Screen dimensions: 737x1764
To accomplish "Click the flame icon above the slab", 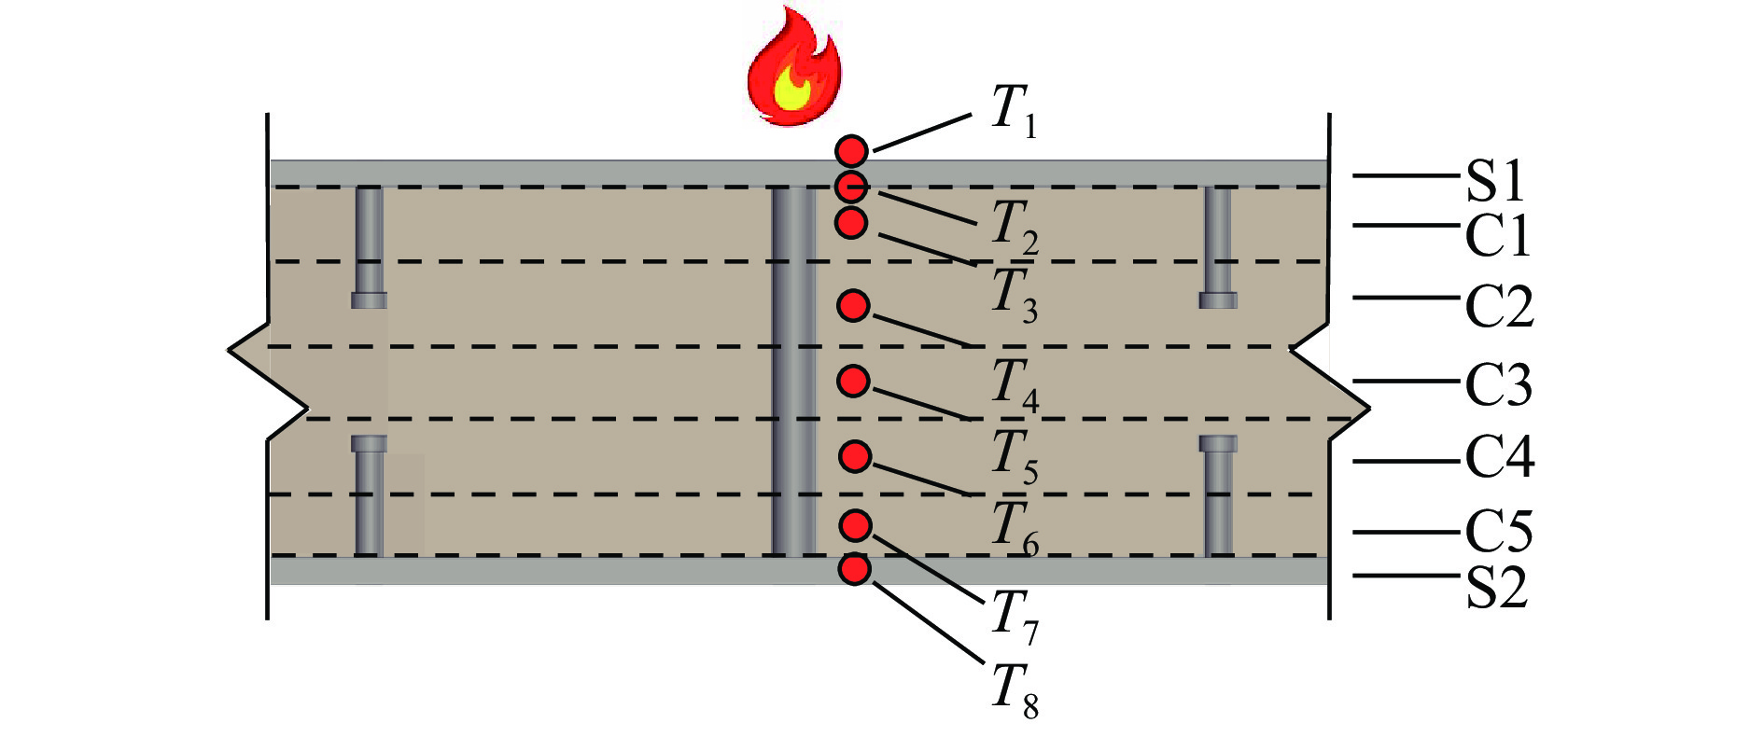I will (794, 67).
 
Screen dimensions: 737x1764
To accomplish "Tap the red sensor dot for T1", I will (851, 150).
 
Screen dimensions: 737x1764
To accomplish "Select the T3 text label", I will (1014, 295).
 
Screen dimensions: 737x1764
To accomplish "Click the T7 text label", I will (1014, 617).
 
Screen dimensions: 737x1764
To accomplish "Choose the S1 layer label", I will (1494, 181).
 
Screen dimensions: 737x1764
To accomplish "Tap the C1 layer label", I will (1498, 235).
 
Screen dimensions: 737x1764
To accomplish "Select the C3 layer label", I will (1498, 384).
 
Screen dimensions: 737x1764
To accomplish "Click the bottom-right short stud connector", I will (1218, 494).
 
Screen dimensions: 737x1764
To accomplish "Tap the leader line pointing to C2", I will (1405, 298).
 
